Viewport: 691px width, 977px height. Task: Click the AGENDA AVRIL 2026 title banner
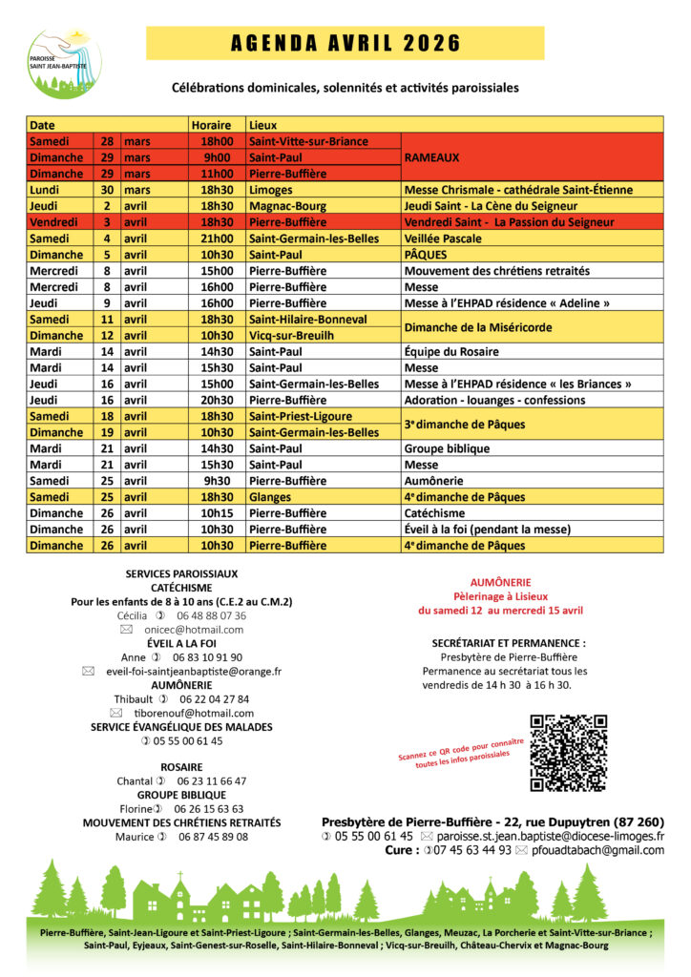point(345,43)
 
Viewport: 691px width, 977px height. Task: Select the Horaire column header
point(211,125)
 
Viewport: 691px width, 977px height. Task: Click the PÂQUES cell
point(426,255)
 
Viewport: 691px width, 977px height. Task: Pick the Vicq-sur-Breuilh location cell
point(292,336)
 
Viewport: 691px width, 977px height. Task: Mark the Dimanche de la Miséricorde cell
point(477,327)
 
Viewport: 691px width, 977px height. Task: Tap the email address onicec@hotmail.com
point(194,630)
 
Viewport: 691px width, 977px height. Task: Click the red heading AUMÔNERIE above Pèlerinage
point(500,582)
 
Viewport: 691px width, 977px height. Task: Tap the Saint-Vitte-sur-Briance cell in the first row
point(307,141)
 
